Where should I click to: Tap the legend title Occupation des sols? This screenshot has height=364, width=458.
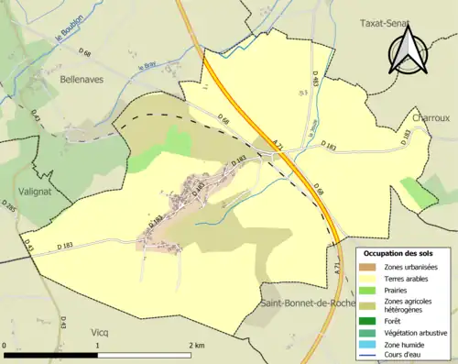tap(398, 253)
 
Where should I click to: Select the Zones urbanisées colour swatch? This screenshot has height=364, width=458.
tap(368, 266)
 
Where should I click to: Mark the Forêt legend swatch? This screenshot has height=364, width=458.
tap(368, 320)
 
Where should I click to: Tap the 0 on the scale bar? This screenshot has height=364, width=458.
tap(5, 344)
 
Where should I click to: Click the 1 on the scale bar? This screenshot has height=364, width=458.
tap(98, 344)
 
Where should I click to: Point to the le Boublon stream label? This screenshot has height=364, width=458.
tap(71, 37)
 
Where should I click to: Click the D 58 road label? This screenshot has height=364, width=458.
tap(318, 190)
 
